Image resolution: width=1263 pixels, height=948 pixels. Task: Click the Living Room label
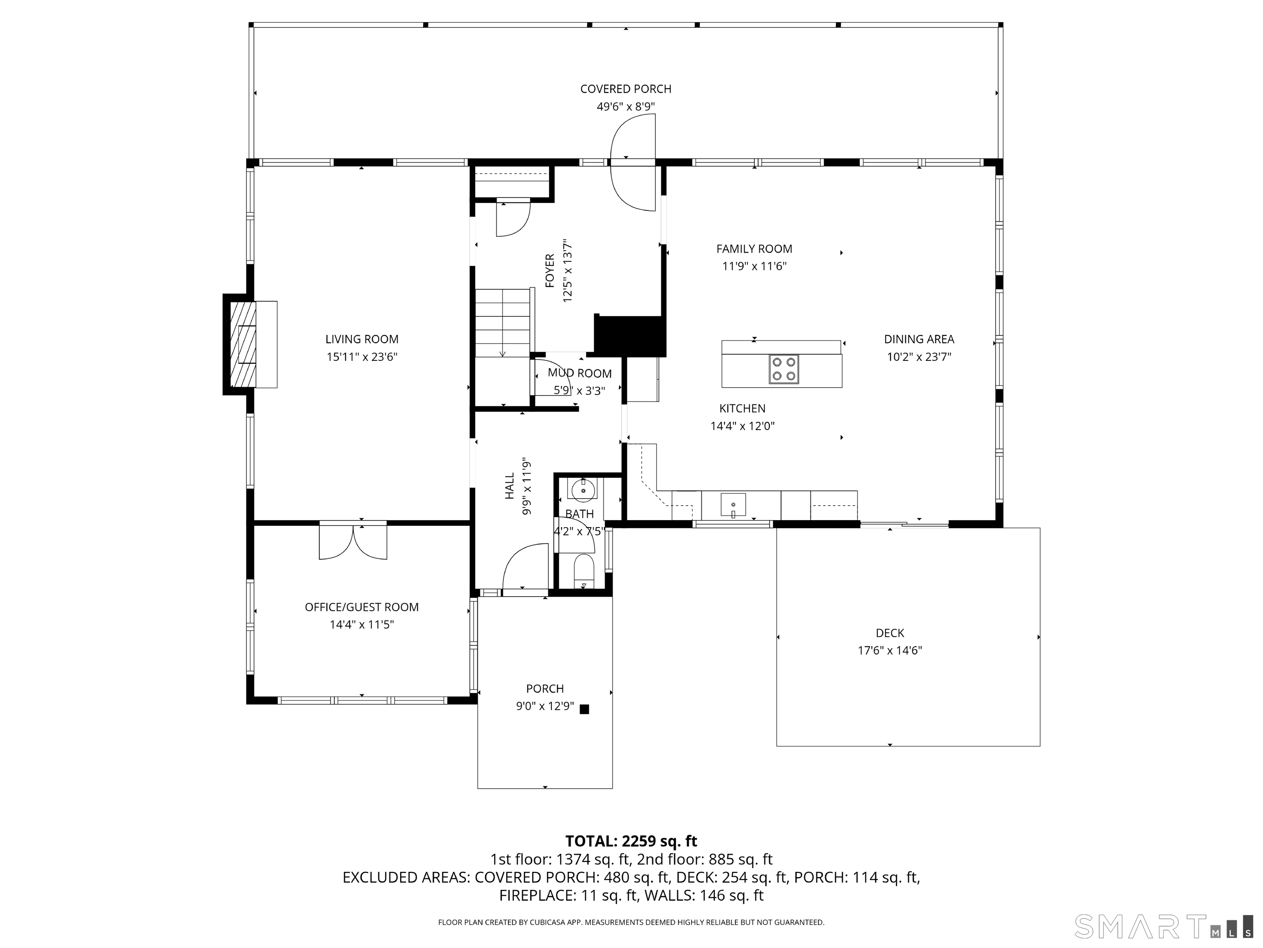click(362, 339)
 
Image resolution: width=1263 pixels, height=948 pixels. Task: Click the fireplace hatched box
click(243, 344)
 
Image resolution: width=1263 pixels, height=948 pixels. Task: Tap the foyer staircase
click(503, 323)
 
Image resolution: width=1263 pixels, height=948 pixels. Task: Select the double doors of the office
click(353, 541)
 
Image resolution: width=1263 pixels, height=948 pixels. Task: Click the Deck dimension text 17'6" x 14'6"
click(890, 650)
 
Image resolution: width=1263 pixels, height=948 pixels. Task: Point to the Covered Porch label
click(626, 89)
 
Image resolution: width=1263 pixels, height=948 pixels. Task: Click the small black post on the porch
click(584, 709)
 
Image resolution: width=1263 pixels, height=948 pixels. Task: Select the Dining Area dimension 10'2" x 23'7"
click(919, 357)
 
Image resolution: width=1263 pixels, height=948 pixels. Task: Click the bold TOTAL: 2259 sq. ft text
click(631, 841)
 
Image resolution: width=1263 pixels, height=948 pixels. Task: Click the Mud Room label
click(580, 373)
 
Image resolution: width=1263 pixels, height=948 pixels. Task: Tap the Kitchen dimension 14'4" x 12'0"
click(742, 426)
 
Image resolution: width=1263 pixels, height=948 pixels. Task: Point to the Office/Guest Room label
click(361, 607)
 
